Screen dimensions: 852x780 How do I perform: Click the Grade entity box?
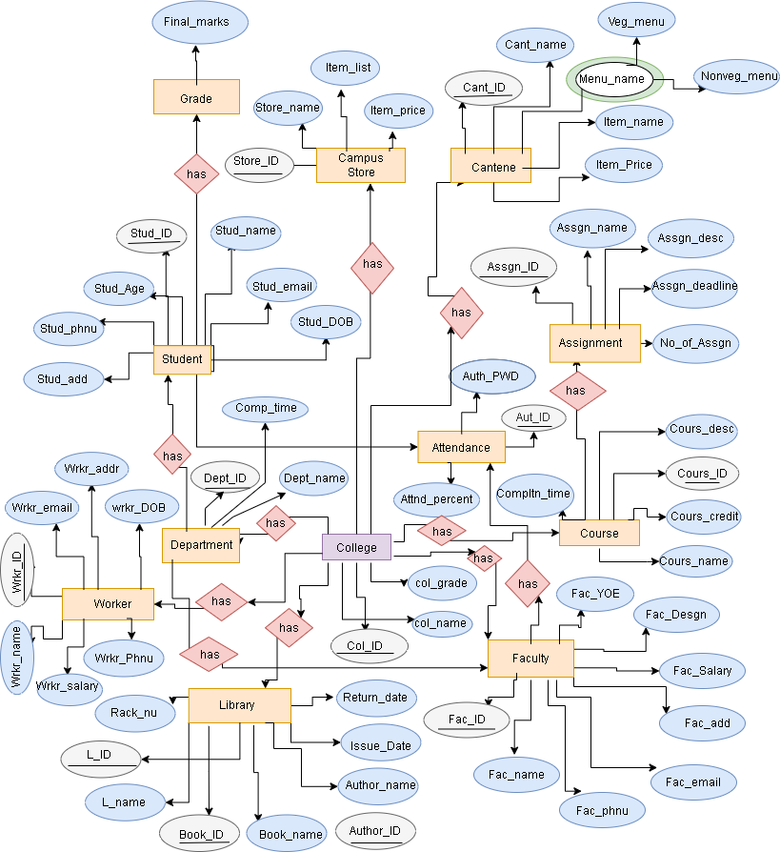tap(196, 97)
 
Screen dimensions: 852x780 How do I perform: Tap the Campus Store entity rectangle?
tap(361, 165)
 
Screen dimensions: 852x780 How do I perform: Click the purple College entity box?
tap(356, 548)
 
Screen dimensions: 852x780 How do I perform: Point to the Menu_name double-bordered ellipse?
tap(613, 79)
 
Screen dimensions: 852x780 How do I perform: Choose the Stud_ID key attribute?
tap(151, 233)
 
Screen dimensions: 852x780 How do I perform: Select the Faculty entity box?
tap(530, 658)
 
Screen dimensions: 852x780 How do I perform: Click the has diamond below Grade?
tap(196, 173)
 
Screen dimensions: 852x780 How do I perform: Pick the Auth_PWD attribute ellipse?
tap(490, 376)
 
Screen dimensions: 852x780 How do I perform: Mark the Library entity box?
tap(239, 705)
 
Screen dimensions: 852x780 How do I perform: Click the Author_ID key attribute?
tap(375, 831)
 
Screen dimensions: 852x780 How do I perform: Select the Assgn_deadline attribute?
tap(694, 286)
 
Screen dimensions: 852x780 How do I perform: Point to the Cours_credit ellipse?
tap(704, 517)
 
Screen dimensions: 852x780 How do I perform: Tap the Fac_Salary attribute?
tap(696, 671)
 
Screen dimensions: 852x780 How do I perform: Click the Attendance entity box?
tap(461, 447)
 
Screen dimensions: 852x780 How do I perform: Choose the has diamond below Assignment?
tap(575, 391)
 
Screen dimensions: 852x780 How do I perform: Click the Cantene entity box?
tap(490, 167)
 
